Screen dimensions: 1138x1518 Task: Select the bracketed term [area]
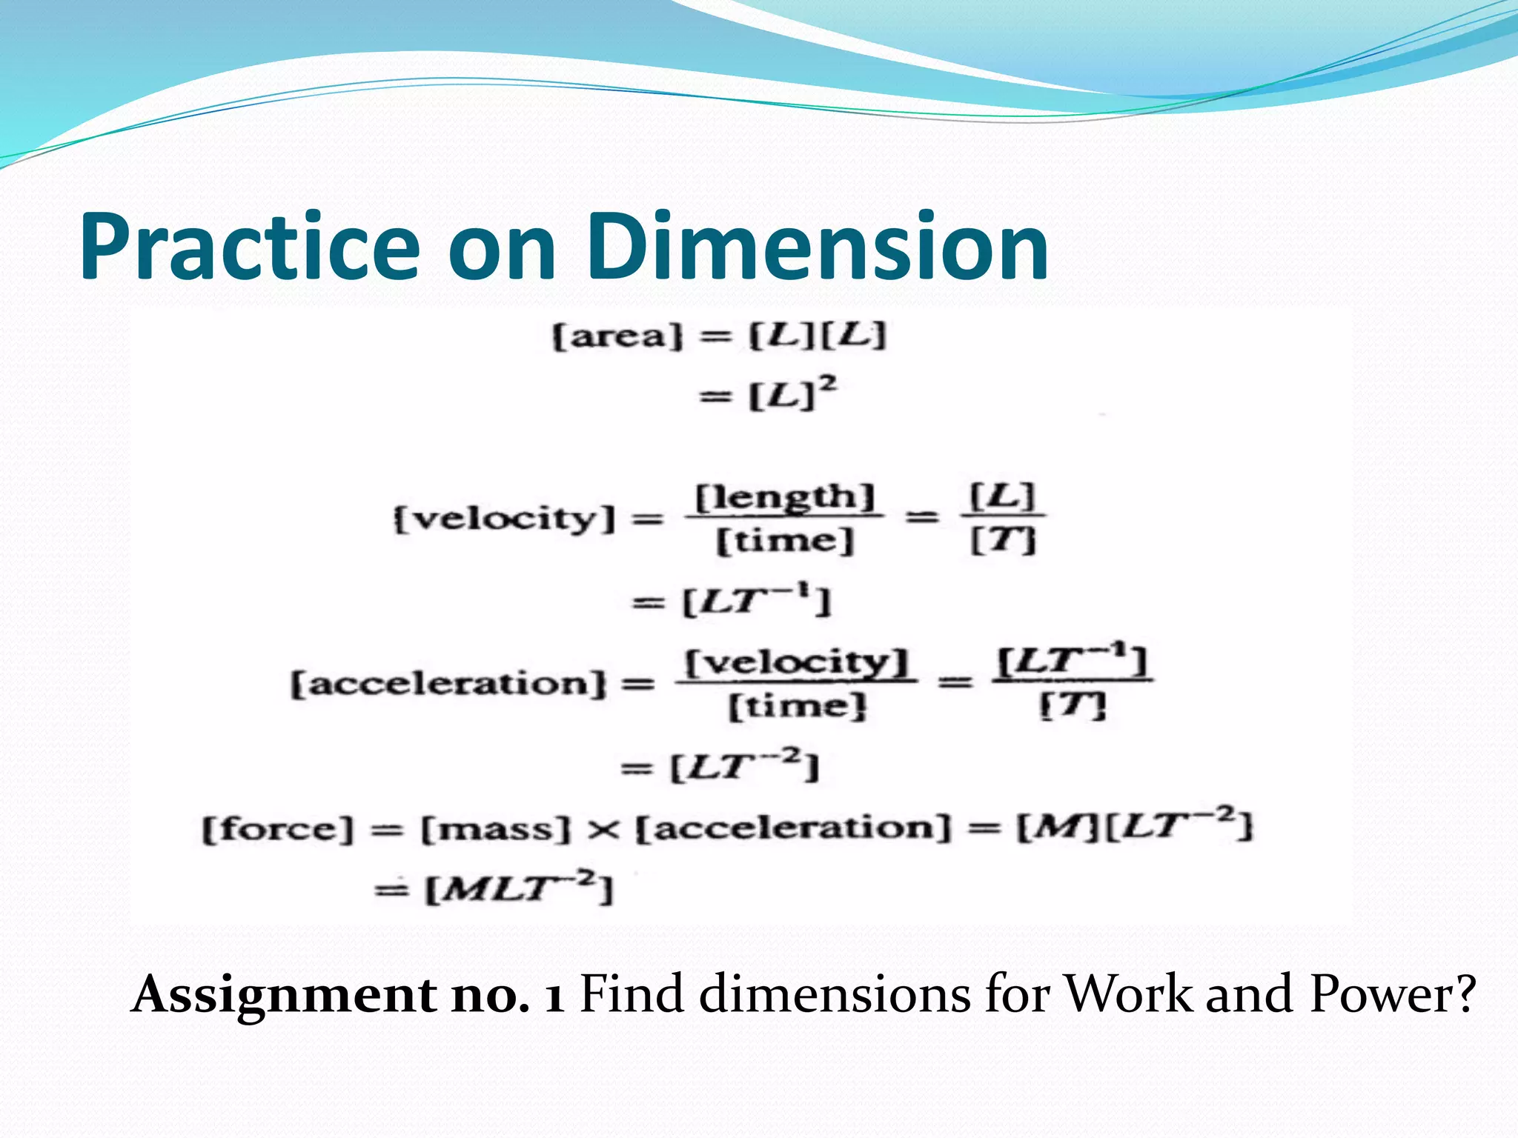point(617,337)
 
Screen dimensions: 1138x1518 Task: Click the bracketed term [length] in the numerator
point(784,497)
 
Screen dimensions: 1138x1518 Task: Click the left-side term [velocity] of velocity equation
point(504,518)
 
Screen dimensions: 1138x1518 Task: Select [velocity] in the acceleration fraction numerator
point(795,662)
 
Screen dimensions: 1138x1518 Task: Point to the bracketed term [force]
point(278,828)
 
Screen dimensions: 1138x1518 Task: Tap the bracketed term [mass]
point(496,828)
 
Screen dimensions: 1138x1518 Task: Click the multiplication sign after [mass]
point(603,829)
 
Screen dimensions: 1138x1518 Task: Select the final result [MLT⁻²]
point(519,888)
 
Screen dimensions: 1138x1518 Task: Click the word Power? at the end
point(1392,994)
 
